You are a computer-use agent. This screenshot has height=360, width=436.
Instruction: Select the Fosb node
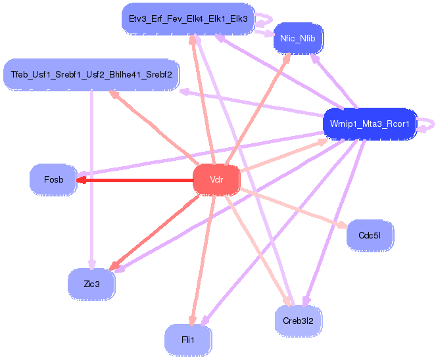click(x=53, y=179)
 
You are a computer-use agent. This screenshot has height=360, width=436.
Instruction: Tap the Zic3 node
click(x=91, y=284)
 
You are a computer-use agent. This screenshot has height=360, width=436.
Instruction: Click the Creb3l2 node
click(x=298, y=321)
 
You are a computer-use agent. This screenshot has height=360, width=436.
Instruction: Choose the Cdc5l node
click(x=370, y=235)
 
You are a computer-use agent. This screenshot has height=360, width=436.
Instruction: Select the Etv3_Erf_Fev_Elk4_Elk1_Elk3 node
click(x=187, y=18)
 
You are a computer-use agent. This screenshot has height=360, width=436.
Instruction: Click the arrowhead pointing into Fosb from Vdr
click(x=81, y=179)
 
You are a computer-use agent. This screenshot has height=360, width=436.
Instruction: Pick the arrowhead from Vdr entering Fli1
click(x=192, y=319)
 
